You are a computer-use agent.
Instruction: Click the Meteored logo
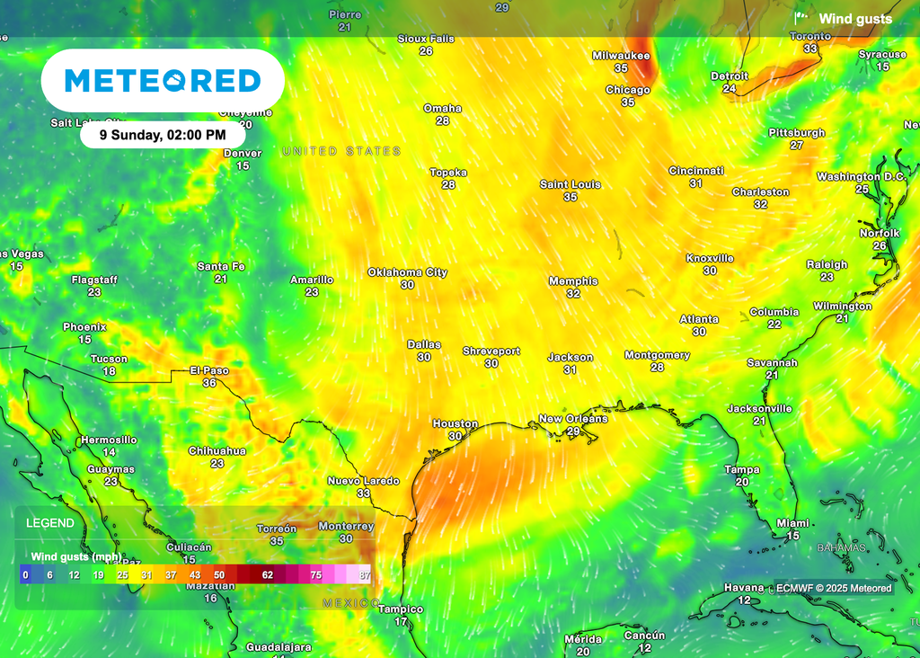coord(163,81)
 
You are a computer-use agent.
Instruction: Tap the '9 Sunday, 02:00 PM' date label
coord(164,135)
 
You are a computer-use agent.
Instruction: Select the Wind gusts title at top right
coord(854,19)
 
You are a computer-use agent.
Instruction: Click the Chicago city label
coord(627,90)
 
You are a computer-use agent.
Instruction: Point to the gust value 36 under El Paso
coord(209,383)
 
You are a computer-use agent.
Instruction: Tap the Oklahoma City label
coord(407,272)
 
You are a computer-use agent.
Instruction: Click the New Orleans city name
coord(572,419)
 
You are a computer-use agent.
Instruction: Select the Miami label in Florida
coord(792,523)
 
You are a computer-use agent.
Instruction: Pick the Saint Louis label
coord(570,184)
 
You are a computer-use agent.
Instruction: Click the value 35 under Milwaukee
coord(621,68)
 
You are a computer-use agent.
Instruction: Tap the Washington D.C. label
coord(861,177)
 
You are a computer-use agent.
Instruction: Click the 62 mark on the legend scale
coord(267,574)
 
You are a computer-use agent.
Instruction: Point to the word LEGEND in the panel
coord(50,523)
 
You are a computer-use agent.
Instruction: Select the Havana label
coord(744,588)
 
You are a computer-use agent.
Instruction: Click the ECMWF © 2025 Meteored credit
coord(834,588)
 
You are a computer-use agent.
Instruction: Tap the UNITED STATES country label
coord(341,151)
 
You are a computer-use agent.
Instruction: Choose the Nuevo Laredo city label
coord(363,481)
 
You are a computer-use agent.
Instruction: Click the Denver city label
coord(243,154)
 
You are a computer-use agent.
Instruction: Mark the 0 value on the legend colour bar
coord(25,574)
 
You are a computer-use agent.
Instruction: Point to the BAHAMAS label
coord(841,547)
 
